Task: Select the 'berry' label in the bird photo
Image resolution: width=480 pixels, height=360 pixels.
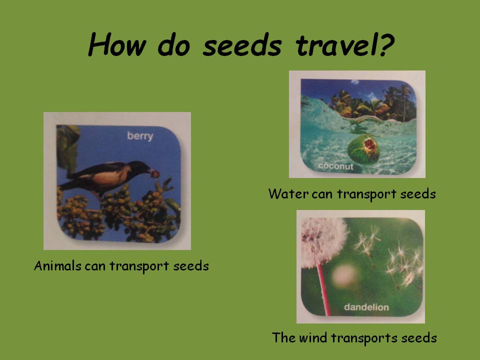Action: [x=140, y=136]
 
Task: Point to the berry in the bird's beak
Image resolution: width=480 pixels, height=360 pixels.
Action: [x=156, y=173]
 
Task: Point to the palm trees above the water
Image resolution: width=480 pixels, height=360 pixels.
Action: [x=370, y=102]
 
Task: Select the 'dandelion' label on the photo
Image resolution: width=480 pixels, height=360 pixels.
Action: [x=366, y=307]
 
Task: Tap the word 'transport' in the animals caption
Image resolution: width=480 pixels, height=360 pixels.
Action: [x=140, y=265]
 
